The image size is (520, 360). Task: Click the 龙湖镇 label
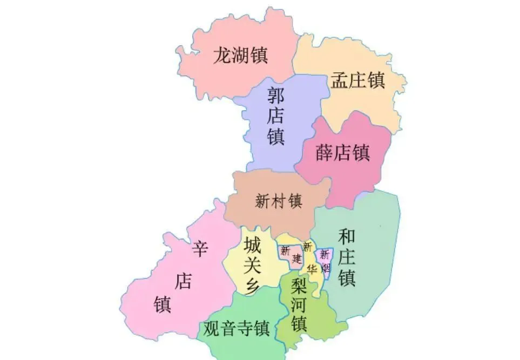(x=240, y=56)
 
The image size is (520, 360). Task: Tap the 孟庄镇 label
(x=357, y=81)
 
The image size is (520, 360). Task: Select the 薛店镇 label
(x=343, y=153)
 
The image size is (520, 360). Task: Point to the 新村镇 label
(x=278, y=201)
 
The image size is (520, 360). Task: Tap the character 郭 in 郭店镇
(x=276, y=97)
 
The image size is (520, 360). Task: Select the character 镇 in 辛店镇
(x=162, y=304)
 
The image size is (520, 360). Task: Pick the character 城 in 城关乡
(x=253, y=246)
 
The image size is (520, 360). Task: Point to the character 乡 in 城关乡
(x=253, y=286)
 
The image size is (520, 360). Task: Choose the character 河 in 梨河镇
(x=299, y=304)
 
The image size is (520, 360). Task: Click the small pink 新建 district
(x=291, y=253)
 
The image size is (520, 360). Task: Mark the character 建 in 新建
(x=296, y=259)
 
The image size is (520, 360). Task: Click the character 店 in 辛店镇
(x=183, y=281)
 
